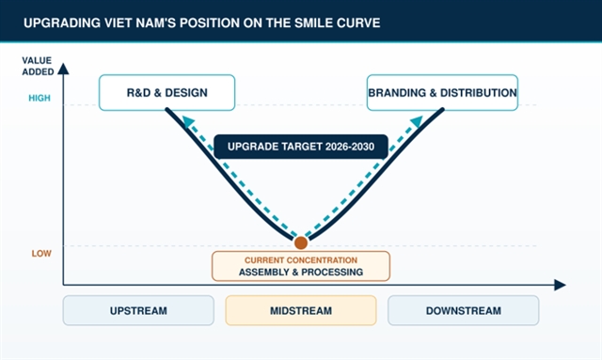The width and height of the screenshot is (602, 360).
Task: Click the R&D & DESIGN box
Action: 167,92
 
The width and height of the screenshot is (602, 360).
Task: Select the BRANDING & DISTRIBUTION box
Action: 442,92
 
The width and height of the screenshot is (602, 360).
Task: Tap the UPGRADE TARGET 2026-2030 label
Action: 301,147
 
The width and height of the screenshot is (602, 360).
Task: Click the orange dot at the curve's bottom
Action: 301,243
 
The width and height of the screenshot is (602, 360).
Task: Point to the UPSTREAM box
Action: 138,310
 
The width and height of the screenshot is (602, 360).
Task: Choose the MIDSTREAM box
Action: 301,310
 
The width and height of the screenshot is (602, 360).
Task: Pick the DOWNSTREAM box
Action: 464,310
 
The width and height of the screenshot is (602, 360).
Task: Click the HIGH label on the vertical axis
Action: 40,99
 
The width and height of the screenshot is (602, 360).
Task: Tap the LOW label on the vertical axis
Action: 41,253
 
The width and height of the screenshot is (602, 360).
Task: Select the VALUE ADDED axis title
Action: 38,66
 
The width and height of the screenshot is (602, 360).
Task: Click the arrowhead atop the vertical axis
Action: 63,69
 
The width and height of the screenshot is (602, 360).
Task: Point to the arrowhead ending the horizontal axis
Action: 561,285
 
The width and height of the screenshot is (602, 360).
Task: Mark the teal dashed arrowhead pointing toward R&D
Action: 188,121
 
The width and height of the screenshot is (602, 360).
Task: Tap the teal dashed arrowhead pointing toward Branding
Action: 417,121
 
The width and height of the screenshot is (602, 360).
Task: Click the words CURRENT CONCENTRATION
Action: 301,260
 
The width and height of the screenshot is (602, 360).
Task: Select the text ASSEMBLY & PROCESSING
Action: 301,272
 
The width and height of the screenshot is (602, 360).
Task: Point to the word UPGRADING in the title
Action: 62,23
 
